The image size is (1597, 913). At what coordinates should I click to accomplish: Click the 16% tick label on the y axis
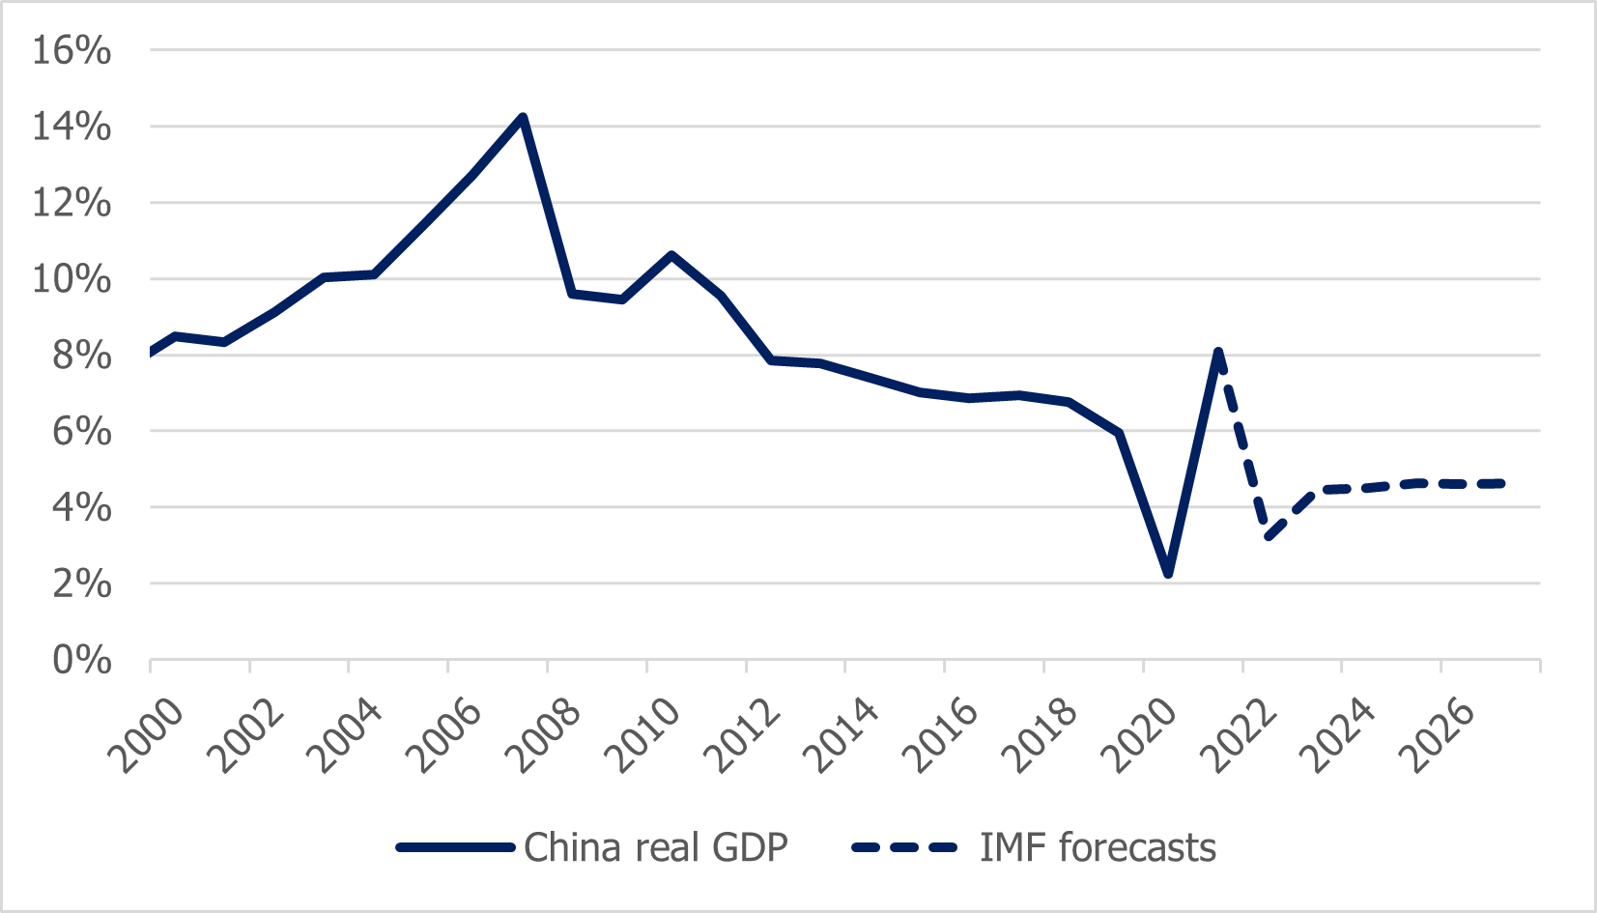71,50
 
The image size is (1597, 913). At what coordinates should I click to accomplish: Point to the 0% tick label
81,661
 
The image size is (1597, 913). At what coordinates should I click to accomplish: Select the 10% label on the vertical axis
71,279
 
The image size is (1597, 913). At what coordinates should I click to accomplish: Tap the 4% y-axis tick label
81,507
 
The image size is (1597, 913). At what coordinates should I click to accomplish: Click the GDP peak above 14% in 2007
523,118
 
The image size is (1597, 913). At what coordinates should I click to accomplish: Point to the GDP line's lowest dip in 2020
1169,574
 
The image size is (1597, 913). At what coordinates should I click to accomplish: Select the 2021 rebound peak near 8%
1218,352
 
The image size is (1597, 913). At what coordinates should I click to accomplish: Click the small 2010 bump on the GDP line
671,255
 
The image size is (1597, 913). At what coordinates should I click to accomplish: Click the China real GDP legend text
655,847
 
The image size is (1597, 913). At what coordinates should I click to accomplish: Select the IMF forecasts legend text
1098,847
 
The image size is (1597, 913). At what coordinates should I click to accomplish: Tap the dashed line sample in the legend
904,847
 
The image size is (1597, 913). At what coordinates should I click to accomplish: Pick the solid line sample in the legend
455,847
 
